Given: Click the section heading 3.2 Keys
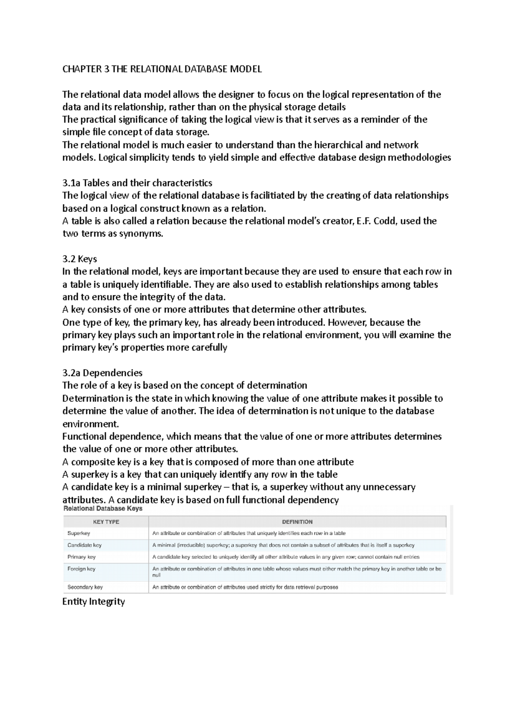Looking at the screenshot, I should (79, 259).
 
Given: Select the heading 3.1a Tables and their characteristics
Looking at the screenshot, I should (137, 183).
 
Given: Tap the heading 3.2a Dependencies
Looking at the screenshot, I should (102, 373).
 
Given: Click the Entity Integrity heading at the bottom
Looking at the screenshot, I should (94, 602).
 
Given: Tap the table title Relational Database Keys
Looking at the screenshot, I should (103, 508).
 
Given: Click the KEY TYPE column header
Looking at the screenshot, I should (106, 522).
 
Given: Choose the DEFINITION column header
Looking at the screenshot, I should (297, 522).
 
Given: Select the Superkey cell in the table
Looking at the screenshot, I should (79, 533).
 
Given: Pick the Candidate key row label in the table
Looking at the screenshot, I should (85, 545).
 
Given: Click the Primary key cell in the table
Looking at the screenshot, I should (82, 557).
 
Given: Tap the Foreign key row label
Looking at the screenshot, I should (81, 569).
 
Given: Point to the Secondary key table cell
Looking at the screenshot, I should (85, 587).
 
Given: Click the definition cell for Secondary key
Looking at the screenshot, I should (245, 587).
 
